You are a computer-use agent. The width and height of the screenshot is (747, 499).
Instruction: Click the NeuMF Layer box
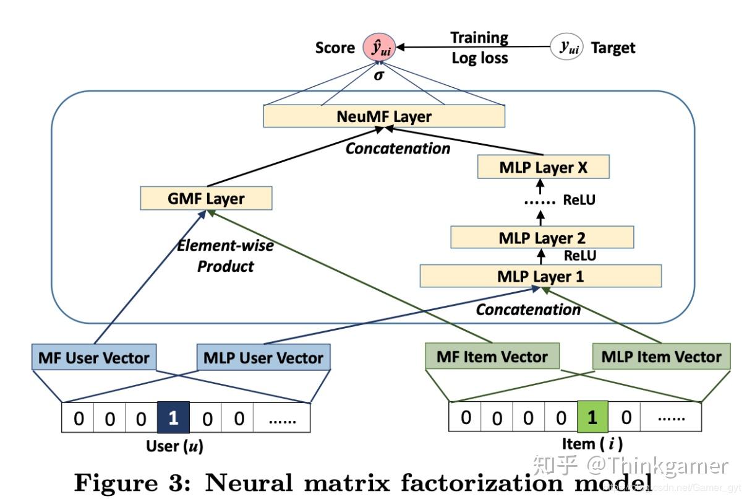pyautogui.click(x=384, y=116)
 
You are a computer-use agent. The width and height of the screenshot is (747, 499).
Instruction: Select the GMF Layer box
pyautogui.click(x=206, y=199)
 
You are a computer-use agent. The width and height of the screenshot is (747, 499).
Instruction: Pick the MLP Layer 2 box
pyautogui.click(x=542, y=238)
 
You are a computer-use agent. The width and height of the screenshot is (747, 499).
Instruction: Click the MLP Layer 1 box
pyautogui.click(x=540, y=276)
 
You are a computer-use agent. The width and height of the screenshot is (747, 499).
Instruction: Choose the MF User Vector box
pyautogui.click(x=93, y=357)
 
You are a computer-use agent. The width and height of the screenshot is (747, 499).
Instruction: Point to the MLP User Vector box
pyautogui.click(x=263, y=357)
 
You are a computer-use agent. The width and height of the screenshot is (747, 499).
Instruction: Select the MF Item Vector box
pyautogui.click(x=492, y=357)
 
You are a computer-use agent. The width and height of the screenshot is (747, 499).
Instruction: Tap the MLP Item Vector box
pyautogui.click(x=661, y=357)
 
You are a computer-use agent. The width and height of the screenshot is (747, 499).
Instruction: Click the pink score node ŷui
pyautogui.click(x=379, y=47)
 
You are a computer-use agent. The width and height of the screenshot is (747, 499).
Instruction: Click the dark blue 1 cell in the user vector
pyautogui.click(x=173, y=418)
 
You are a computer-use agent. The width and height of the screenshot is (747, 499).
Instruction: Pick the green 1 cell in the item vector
pyautogui.click(x=592, y=417)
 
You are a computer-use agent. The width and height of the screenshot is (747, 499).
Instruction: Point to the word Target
pyautogui.click(x=613, y=48)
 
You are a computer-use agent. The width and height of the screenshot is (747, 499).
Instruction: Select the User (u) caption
pyautogui.click(x=174, y=446)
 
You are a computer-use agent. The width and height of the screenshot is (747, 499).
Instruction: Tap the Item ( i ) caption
pyautogui.click(x=592, y=443)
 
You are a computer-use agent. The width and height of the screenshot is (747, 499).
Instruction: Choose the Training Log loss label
pyautogui.click(x=479, y=48)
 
